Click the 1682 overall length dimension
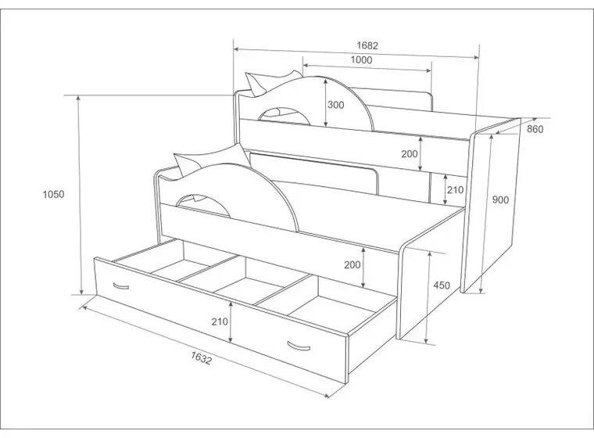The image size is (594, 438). click(x=367, y=45)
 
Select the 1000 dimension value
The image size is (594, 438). click(x=361, y=60)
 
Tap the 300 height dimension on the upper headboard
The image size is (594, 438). click(x=335, y=105)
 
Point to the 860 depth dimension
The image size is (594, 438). click(x=535, y=129)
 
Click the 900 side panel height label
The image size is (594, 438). click(x=500, y=199)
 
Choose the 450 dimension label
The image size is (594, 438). click(x=442, y=285)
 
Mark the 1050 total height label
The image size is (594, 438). click(x=53, y=194)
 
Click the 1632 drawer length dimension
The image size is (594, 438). click(x=201, y=357)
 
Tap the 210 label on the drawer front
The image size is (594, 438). click(x=220, y=321)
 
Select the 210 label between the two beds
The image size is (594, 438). click(x=455, y=189)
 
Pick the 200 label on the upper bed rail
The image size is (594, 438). click(x=410, y=153)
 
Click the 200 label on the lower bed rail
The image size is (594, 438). click(x=352, y=264)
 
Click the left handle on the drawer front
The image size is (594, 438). click(x=121, y=286)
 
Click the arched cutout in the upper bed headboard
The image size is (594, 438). click(x=284, y=113)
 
